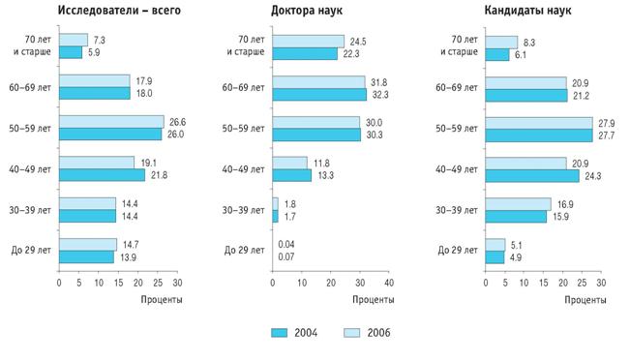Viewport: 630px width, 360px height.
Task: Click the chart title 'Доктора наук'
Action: tap(307, 10)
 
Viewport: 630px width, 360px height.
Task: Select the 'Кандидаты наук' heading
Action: tap(527, 10)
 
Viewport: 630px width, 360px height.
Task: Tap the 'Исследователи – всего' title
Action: tap(119, 10)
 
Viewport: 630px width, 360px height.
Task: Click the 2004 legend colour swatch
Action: tap(280, 333)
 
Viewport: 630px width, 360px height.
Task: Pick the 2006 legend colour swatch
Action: tap(352, 333)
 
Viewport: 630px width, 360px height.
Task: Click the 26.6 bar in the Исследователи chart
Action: tap(111, 122)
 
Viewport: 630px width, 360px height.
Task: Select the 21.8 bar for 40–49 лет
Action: tap(102, 175)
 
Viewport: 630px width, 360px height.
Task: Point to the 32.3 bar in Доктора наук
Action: tap(319, 95)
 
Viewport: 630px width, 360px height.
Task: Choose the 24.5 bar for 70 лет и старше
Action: tap(308, 42)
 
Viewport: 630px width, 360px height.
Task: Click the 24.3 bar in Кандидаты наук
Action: tap(532, 176)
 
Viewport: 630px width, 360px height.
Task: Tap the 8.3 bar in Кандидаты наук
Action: tap(501, 43)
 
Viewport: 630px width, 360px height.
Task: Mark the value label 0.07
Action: tap(286, 256)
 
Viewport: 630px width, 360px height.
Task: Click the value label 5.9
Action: tap(94, 52)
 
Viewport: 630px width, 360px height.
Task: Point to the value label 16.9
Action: tap(565, 204)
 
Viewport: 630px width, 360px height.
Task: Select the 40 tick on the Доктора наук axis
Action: tap(389, 283)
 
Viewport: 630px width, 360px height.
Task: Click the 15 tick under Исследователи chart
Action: tap(118, 283)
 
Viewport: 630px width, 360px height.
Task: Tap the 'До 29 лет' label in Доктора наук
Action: tap(244, 251)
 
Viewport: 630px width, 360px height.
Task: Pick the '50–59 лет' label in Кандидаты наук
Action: tap(457, 129)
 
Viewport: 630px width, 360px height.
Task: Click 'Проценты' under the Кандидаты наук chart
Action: tap(585, 300)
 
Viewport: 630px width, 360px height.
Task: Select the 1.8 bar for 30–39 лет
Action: tap(275, 203)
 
